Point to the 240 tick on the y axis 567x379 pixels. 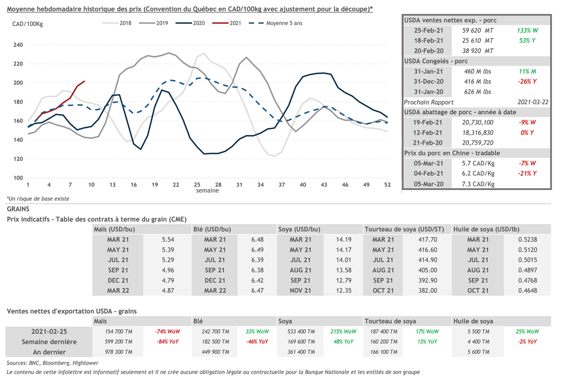[18, 45]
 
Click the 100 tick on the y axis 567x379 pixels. [18, 178]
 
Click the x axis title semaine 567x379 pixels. [207, 191]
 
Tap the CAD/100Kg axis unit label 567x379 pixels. [27, 23]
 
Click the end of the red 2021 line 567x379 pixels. [84, 81]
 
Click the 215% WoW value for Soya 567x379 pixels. [344, 331]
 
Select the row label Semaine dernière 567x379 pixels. [48, 341]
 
